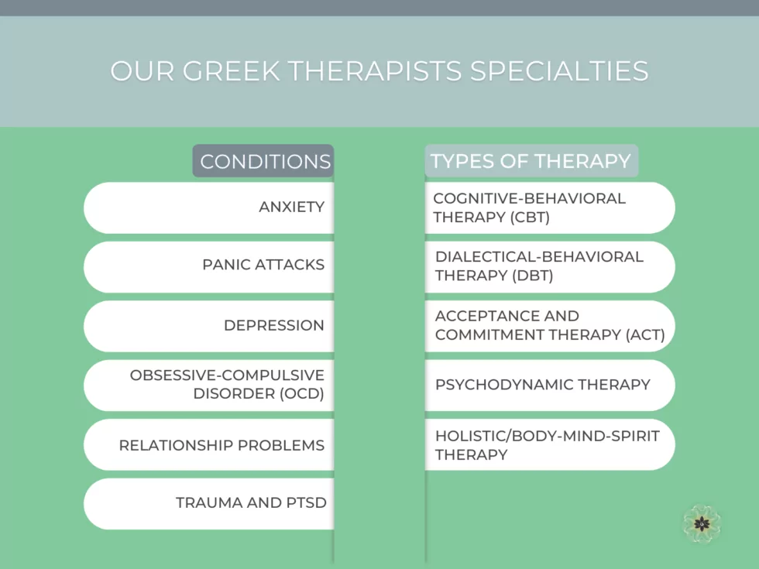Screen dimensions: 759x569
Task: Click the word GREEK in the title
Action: tap(232, 71)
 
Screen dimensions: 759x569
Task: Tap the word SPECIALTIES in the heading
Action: tap(559, 71)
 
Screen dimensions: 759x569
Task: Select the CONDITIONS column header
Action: tap(263, 161)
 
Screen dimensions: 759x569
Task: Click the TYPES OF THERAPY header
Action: tap(531, 161)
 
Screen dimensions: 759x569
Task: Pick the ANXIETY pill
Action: tap(208, 207)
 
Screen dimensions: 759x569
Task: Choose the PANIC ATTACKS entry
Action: tap(208, 266)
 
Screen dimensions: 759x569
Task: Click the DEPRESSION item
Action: tap(208, 326)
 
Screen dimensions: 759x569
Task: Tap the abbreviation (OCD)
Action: tap(301, 393)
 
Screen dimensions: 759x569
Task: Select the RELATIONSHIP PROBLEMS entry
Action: tap(208, 444)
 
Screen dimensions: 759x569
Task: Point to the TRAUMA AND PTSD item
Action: tap(208, 504)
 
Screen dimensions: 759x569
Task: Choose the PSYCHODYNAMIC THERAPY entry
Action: tap(550, 386)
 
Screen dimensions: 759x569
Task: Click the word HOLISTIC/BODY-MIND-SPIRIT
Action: tap(547, 436)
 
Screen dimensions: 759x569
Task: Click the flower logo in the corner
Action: tap(702, 523)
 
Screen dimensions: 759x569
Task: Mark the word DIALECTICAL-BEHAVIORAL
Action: tap(539, 256)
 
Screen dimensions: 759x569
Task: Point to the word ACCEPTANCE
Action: tap(486, 316)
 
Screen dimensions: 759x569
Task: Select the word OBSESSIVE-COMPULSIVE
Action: tap(227, 375)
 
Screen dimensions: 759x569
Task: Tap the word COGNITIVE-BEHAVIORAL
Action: tap(530, 198)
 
